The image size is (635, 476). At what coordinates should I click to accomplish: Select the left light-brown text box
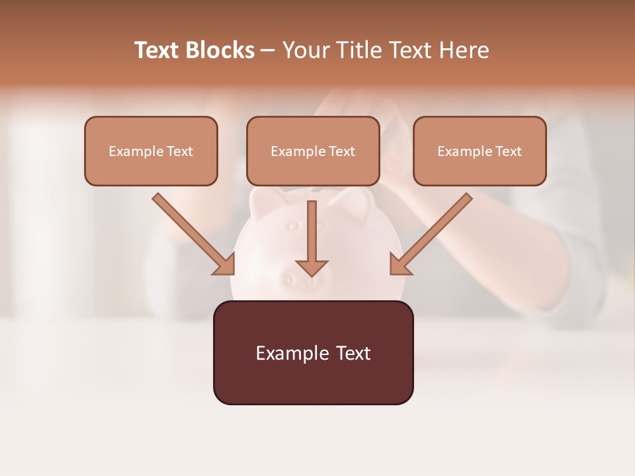coord(151,151)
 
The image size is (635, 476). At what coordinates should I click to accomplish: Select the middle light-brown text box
coord(313,151)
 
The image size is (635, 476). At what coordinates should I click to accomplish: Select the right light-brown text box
coord(480,151)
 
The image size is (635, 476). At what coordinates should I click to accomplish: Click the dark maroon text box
coord(313,352)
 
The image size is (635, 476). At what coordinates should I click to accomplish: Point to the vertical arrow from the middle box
coord(312,231)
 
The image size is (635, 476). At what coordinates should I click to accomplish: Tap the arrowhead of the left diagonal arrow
coord(225,264)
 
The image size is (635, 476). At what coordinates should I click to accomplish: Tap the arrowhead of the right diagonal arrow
coord(400,264)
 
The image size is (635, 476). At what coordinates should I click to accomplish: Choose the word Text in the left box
coord(179,151)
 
